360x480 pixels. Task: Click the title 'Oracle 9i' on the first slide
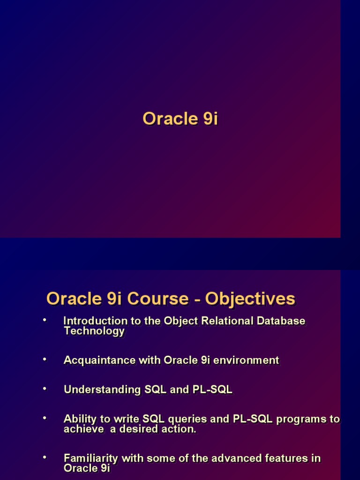coord(180,119)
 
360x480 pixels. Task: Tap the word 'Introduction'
coord(95,321)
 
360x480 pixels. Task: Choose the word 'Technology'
coord(94,331)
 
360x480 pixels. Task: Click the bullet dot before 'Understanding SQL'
coord(45,389)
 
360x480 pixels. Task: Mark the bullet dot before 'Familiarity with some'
coord(45,457)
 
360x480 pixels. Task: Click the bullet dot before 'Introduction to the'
coord(45,320)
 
